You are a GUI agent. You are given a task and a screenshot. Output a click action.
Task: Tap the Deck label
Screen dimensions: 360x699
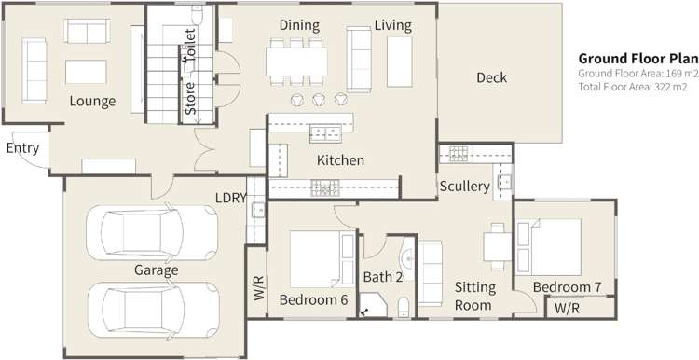pyautogui.click(x=491, y=78)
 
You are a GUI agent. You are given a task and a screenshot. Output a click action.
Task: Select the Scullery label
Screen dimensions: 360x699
pyautogui.click(x=464, y=187)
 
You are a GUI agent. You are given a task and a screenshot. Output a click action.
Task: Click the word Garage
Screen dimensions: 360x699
pyautogui.click(x=156, y=270)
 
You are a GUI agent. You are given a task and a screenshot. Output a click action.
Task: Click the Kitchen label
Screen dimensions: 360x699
pyautogui.click(x=340, y=160)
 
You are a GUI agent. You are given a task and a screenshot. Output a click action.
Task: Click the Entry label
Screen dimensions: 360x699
pyautogui.click(x=22, y=148)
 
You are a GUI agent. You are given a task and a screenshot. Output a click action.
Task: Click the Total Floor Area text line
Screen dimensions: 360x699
pyautogui.click(x=637, y=86)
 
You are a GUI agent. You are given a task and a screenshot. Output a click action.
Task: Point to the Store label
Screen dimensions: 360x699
pyautogui.click(x=191, y=100)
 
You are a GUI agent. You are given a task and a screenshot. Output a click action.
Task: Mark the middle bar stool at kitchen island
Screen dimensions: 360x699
pyautogui.click(x=320, y=99)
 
